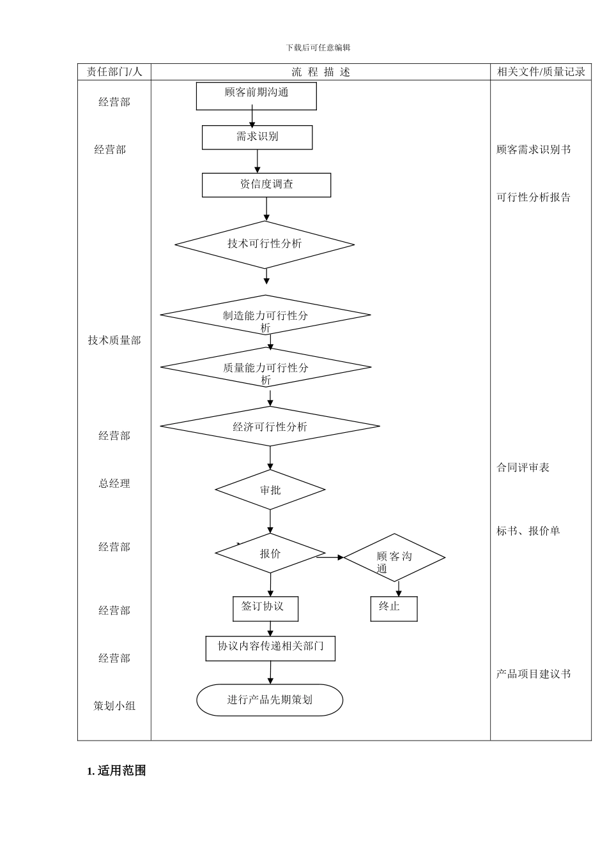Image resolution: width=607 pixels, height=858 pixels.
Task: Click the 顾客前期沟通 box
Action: point(256,96)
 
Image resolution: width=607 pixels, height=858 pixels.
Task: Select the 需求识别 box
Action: point(257,137)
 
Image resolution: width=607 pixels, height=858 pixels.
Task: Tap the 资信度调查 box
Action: point(266,184)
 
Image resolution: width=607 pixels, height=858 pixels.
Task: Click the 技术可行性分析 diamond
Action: point(265,244)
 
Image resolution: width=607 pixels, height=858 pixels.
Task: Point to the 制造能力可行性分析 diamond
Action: point(265,315)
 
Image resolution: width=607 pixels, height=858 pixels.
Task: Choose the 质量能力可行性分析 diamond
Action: point(266,367)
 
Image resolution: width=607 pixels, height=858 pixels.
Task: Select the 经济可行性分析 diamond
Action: point(270,426)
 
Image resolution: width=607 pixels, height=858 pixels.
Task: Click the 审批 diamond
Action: point(270,490)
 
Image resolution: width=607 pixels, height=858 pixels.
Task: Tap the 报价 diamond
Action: point(270,553)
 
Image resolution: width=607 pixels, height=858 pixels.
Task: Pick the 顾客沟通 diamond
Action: point(394,557)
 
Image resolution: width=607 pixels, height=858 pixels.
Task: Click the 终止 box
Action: point(394,608)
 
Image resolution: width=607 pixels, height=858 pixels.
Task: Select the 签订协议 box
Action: point(265,608)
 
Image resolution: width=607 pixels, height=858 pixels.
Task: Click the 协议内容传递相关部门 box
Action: point(270,648)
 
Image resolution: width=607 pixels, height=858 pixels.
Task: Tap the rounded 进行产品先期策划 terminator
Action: point(270,700)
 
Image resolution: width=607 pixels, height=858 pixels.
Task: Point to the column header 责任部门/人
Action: point(114,71)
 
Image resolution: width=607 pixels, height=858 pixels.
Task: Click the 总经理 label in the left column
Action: point(114,483)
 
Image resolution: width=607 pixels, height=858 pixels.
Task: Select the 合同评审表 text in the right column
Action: point(523,467)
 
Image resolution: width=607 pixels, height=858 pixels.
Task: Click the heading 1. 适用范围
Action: point(116,771)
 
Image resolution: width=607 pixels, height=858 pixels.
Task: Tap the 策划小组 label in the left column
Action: point(114,705)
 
